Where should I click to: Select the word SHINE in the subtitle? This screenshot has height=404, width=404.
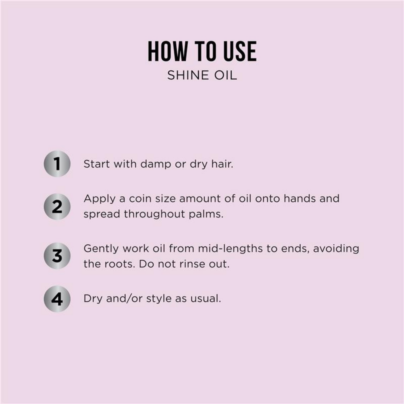187,75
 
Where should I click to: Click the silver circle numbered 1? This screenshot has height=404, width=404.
57,164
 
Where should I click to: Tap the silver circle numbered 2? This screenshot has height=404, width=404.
57,207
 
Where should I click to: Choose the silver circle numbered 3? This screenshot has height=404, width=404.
57,256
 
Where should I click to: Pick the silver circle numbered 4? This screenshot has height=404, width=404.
57,299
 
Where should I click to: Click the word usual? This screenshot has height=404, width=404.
205,299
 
